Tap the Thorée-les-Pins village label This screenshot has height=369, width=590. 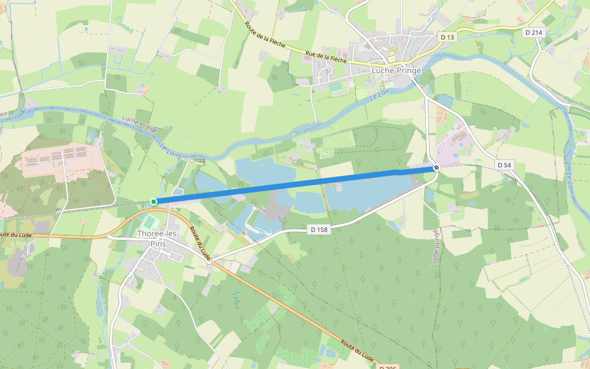(x=159, y=238)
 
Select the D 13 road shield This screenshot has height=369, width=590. (x=447, y=38)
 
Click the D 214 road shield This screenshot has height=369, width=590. (x=533, y=32)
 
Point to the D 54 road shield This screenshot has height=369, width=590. (x=504, y=165)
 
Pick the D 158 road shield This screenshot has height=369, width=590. (x=316, y=229)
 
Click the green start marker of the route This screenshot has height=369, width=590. (x=153, y=202)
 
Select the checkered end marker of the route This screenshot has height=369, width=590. (x=436, y=167)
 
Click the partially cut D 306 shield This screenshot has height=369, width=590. (x=387, y=367)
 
